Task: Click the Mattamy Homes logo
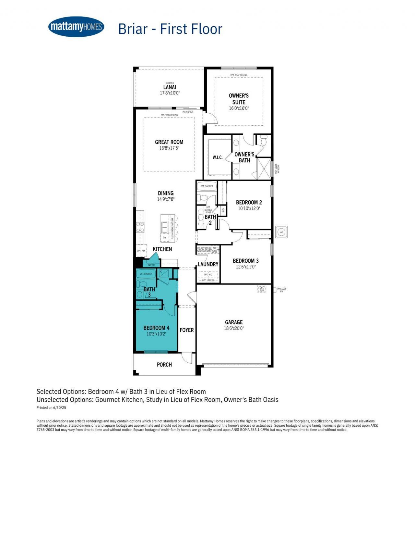[x=76, y=27]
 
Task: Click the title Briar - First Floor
[x=170, y=29]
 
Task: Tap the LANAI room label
[x=170, y=87]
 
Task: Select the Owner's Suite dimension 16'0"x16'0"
[x=239, y=108]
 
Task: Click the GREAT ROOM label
[x=169, y=142]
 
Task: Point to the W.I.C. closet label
[x=218, y=157]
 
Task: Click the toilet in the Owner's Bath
[x=263, y=141]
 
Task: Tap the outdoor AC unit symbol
[x=281, y=232]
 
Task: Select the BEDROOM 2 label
[x=249, y=202]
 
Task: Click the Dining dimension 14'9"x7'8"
[x=166, y=199]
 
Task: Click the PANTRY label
[x=151, y=265]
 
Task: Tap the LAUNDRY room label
[x=208, y=264]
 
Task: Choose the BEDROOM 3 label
[x=245, y=261]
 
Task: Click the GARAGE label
[x=233, y=322]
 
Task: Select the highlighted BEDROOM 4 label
[x=156, y=328]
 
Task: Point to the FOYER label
[x=187, y=330]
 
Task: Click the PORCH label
[x=164, y=365]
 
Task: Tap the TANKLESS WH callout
[x=281, y=290]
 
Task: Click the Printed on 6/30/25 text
[x=51, y=407]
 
